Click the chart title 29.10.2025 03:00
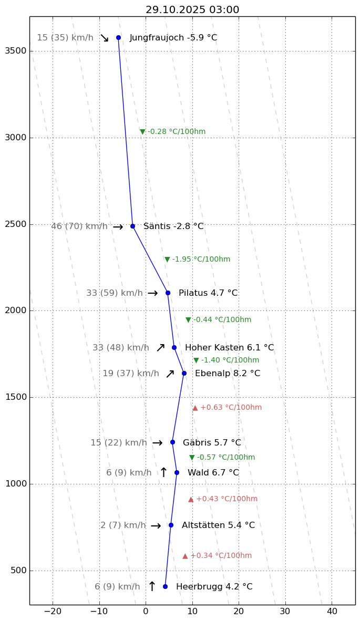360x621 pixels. [192, 10]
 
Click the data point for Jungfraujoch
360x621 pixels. [118, 37]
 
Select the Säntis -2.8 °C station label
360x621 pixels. [173, 226]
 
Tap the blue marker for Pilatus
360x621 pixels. [168, 293]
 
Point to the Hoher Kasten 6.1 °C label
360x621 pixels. [229, 348]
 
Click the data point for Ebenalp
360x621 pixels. [184, 373]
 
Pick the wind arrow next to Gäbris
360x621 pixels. [157, 443]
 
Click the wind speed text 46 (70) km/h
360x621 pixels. [79, 226]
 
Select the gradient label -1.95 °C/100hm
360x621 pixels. [198, 260]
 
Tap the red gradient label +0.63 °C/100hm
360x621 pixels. [227, 408]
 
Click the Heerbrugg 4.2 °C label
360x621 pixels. [214, 587]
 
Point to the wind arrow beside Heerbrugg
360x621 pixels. [152, 587]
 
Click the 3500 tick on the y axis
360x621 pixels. [18, 51]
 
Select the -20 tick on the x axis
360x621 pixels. [52, 612]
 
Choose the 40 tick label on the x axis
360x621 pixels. [332, 612]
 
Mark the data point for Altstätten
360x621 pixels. [171, 525]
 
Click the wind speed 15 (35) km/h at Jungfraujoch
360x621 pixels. [65, 38]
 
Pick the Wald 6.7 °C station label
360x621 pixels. [213, 473]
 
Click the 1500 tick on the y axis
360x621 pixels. [18, 397]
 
